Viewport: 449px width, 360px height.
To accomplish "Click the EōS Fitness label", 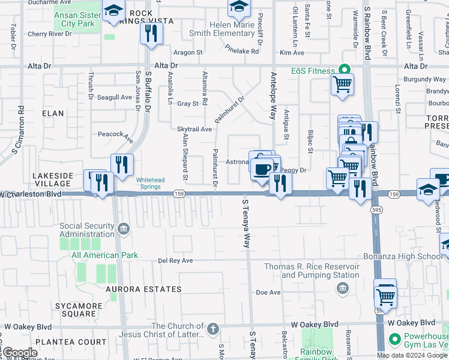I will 313,71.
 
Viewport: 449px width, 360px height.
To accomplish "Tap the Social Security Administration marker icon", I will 124,229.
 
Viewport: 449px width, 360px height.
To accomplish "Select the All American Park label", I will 104,255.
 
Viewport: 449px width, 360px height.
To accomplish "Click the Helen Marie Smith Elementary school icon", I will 239,7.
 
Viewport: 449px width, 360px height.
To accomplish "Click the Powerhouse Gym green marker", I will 394,340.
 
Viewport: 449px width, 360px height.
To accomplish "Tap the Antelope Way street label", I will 273,95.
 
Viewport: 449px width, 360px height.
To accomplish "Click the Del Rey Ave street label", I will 175,260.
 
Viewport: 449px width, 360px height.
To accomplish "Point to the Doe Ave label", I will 268,292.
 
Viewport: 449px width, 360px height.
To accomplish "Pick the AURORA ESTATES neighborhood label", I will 143,289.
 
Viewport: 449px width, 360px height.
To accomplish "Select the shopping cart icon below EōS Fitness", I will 342,85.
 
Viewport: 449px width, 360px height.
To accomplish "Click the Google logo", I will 20,353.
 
